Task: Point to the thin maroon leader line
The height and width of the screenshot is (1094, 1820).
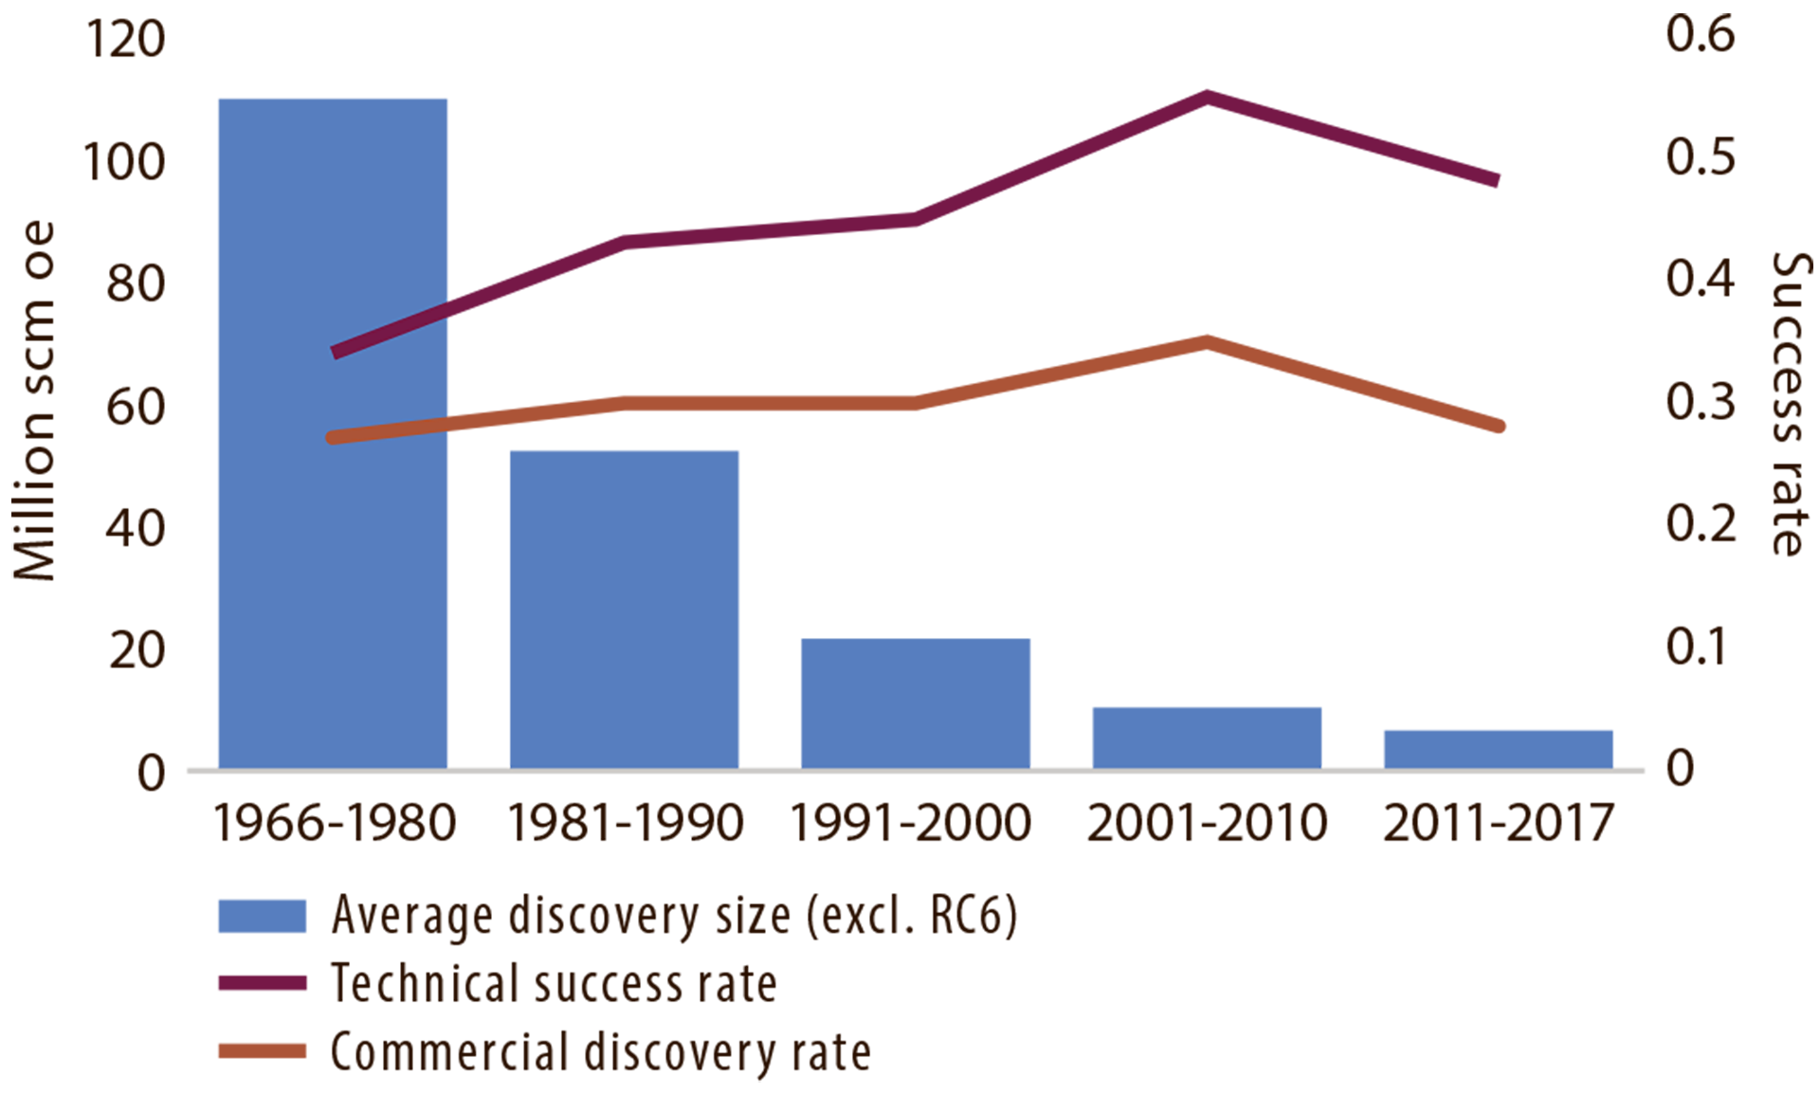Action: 389,328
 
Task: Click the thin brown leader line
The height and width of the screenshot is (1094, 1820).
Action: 389,429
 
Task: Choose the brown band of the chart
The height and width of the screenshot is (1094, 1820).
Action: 1137,398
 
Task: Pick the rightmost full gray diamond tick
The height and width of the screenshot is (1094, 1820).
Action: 1354,758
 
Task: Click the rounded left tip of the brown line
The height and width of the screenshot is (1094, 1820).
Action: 331,437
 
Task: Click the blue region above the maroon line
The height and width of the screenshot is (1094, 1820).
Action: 379,190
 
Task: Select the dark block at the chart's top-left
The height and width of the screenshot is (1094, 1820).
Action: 85,284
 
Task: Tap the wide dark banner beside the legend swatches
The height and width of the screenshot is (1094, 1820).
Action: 948,948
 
